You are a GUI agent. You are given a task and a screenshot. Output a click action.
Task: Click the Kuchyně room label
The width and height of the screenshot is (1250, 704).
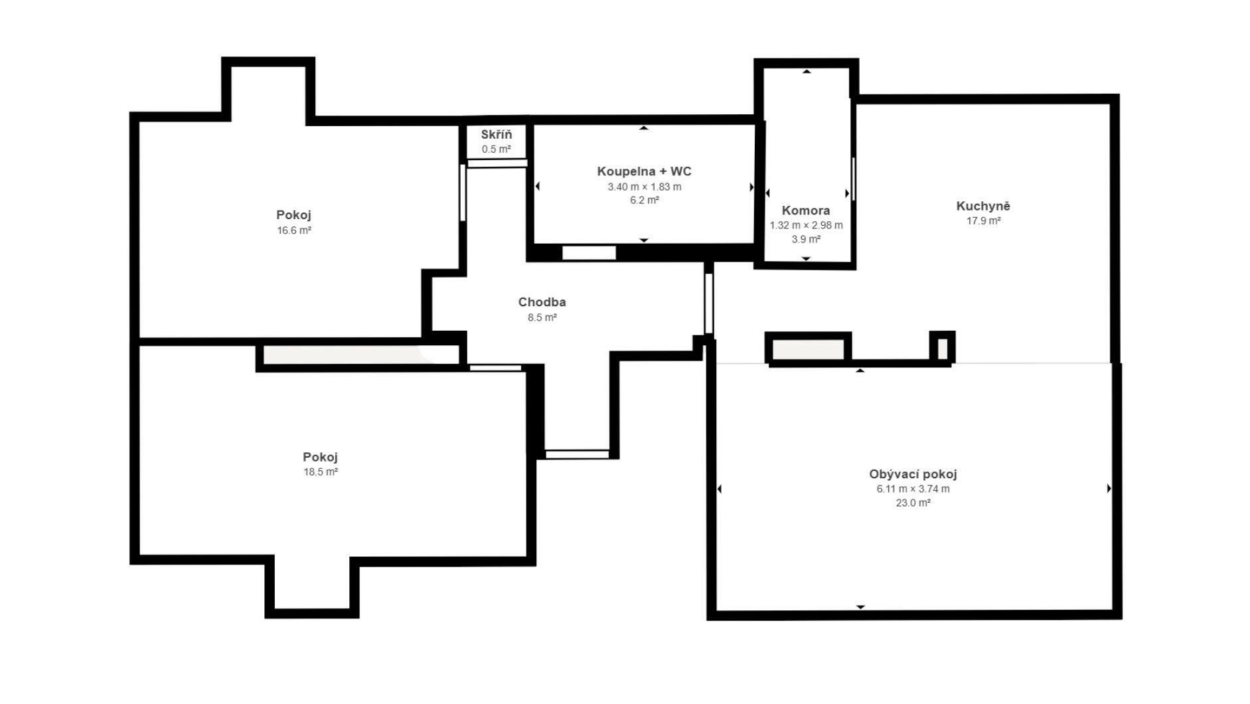pos(982,206)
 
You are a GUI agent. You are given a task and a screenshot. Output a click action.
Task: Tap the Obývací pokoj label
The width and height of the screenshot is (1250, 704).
pos(913,474)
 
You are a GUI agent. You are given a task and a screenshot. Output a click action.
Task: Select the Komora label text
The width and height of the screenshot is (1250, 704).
pos(806,211)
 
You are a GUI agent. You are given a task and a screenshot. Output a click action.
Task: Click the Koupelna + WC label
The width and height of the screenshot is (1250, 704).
pos(644,171)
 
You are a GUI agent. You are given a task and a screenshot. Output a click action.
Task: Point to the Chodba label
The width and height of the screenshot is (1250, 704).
pos(542,302)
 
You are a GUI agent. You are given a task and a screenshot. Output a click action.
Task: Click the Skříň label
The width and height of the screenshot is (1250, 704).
pos(497,135)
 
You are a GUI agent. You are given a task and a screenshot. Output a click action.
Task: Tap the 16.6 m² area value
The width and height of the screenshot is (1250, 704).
pos(294,230)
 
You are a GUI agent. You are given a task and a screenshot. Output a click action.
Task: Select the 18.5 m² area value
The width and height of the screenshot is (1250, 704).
pos(321,472)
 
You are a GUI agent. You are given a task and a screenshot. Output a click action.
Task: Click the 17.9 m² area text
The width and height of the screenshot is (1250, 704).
pos(983,221)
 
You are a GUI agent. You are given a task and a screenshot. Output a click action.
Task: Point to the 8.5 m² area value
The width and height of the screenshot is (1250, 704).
pos(542,317)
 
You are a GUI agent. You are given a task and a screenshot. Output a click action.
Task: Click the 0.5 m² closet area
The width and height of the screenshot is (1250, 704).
pos(497,149)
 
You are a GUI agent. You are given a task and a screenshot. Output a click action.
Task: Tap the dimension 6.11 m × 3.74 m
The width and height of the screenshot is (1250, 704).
pos(913,489)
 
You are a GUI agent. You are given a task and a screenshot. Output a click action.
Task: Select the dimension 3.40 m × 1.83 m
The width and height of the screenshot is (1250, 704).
pos(644,187)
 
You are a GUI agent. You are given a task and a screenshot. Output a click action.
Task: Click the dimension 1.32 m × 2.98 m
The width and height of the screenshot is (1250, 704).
pos(806,225)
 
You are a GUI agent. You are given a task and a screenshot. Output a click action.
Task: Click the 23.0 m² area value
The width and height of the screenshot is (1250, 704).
pos(913,503)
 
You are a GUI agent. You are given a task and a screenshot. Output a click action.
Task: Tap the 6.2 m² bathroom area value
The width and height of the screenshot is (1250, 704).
pos(644,200)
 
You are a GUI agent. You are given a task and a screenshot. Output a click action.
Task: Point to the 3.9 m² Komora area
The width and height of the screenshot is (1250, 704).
pos(806,239)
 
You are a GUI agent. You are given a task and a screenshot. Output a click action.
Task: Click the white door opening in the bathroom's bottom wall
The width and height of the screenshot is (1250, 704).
pos(589,252)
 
